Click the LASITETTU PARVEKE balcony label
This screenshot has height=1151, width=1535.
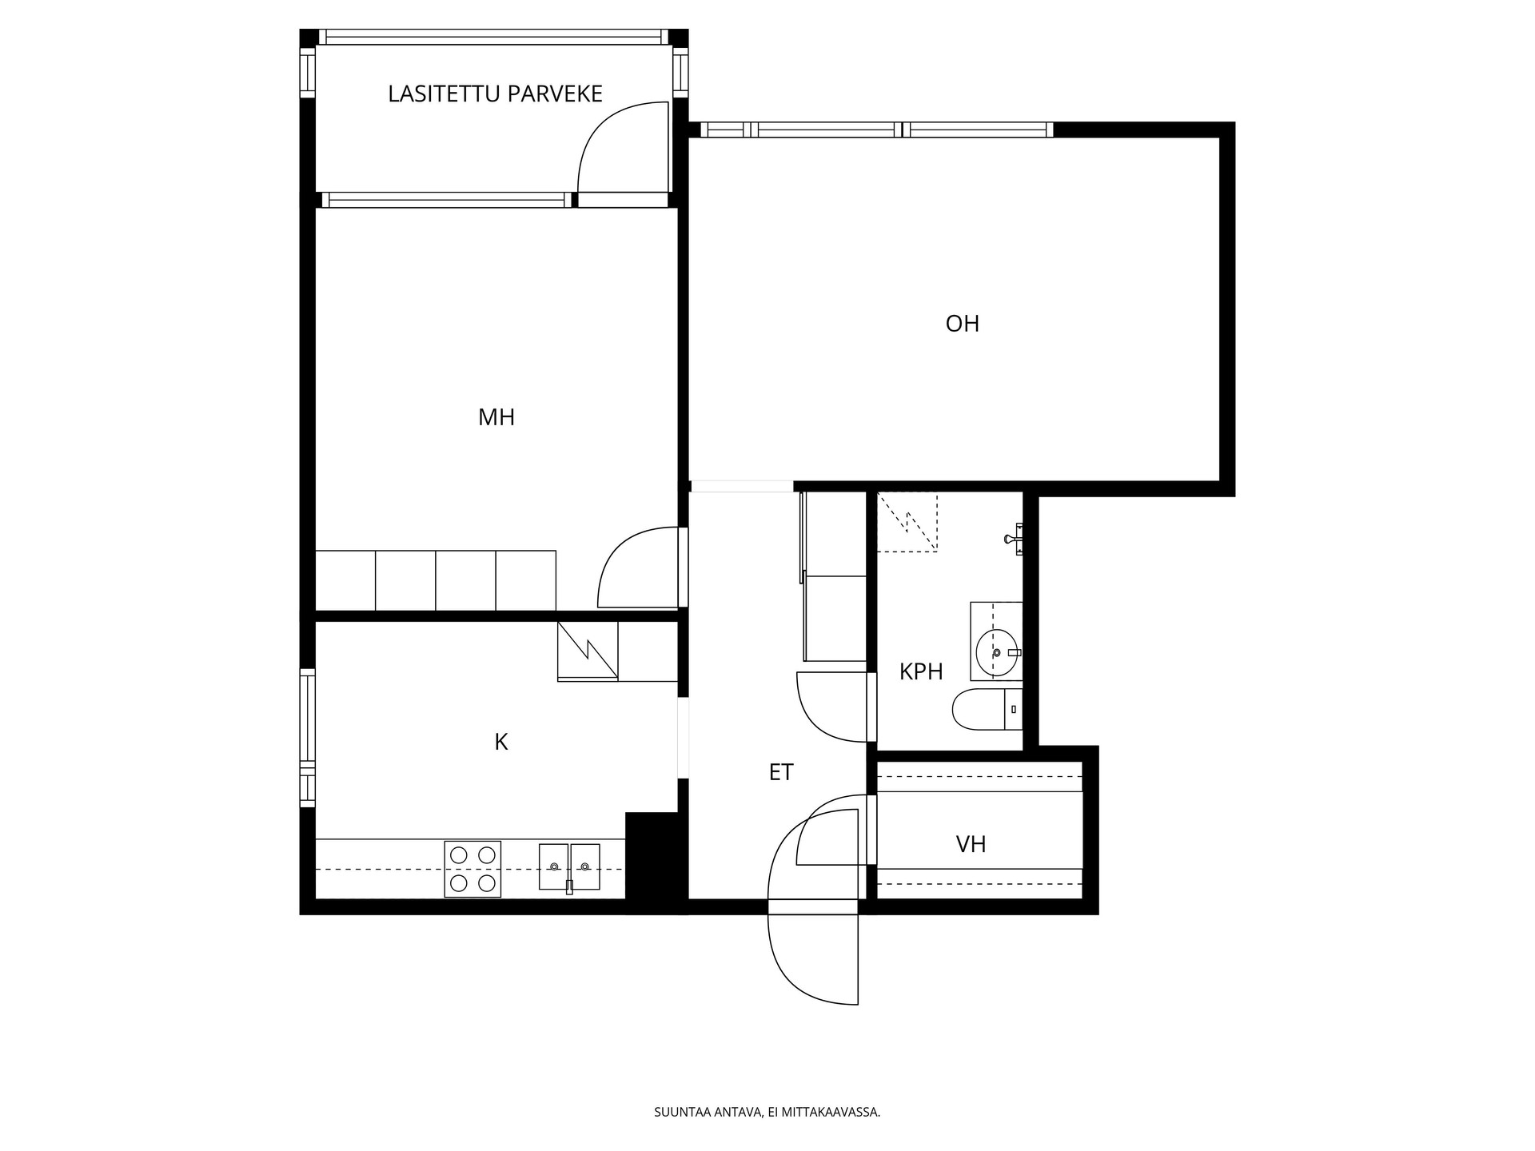coord(495,94)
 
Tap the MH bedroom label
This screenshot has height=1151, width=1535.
coord(496,417)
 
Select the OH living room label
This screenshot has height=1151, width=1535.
coord(963,324)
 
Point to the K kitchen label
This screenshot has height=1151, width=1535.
coord(501,743)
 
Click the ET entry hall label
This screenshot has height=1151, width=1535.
coord(781,772)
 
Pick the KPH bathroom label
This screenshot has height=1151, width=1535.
coord(921,672)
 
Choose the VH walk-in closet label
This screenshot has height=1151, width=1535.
coord(971,844)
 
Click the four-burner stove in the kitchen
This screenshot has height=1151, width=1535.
coord(472,869)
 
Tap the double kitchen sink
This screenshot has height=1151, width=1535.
coord(569,867)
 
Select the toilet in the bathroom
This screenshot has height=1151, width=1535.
coord(987,710)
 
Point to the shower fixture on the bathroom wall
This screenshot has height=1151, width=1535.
coord(1015,538)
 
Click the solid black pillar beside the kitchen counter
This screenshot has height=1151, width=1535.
coord(656,862)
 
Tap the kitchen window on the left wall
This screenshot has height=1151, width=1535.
coord(308,738)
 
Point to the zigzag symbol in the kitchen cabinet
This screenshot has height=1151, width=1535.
coord(588,651)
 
